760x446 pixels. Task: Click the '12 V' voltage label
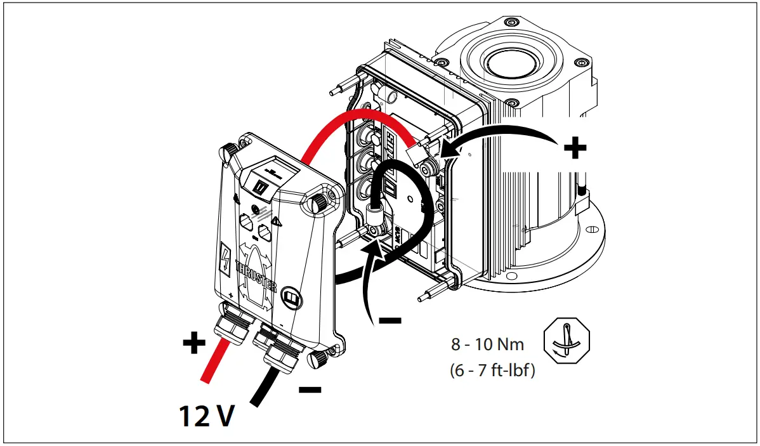tap(206, 416)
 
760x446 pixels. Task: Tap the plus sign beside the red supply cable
tap(194, 344)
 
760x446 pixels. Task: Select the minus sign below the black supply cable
tap(310, 389)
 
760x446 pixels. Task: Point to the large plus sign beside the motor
tap(575, 149)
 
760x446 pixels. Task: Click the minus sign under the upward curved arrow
tap(390, 321)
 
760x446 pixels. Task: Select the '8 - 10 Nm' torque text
tap(488, 344)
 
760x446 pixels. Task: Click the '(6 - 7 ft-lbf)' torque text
tap(492, 370)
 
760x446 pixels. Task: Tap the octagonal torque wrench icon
tap(567, 342)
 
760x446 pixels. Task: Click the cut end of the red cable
tap(205, 379)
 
